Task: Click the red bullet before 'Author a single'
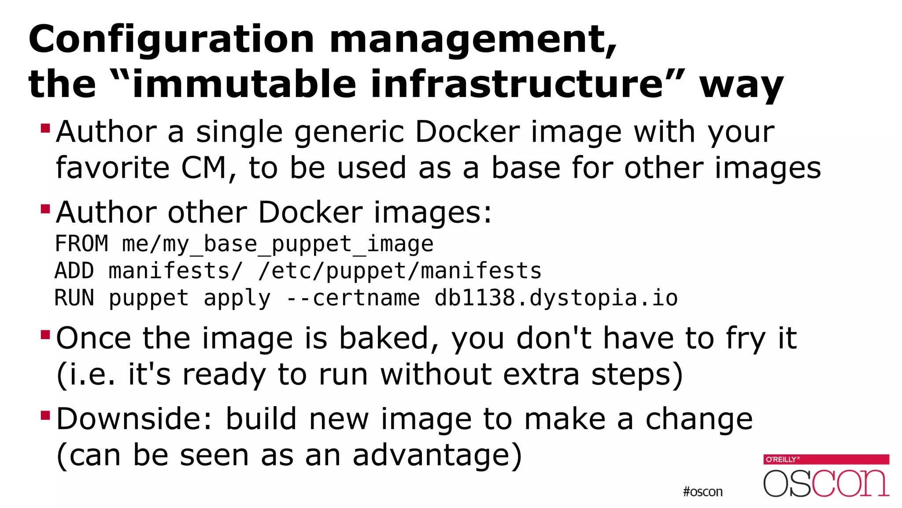click(45, 128)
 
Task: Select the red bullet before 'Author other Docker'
click(45, 209)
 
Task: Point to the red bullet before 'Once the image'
click(45, 335)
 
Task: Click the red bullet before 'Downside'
click(45, 415)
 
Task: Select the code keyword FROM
click(81, 244)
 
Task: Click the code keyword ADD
click(74, 271)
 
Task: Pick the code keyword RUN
click(74, 298)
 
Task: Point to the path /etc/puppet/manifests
click(399, 271)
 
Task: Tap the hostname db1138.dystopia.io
click(556, 298)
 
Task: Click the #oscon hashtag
click(702, 492)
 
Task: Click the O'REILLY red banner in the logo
click(826, 459)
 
